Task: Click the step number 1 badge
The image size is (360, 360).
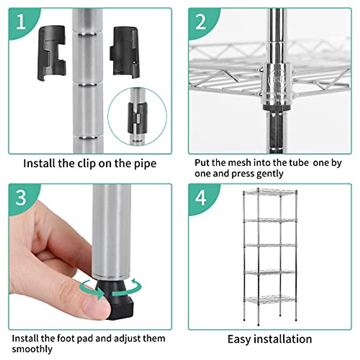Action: (x=21, y=22)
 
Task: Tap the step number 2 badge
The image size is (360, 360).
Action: (x=201, y=22)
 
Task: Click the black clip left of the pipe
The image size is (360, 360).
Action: (x=51, y=53)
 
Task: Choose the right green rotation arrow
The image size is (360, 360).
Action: (x=127, y=290)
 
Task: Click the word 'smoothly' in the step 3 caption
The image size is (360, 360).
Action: (x=32, y=349)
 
